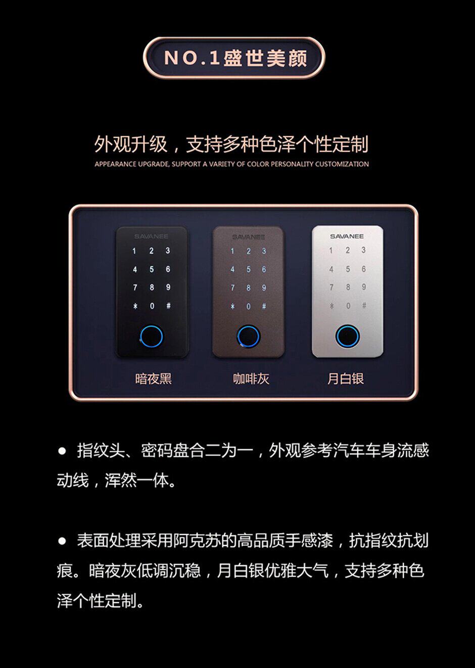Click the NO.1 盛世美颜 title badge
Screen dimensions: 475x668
click(234, 58)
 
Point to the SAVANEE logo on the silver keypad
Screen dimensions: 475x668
click(347, 236)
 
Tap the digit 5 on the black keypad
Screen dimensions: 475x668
click(152, 269)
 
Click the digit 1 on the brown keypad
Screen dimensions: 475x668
click(232, 251)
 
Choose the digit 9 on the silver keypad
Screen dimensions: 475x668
click(364, 287)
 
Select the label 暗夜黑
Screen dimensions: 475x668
click(154, 379)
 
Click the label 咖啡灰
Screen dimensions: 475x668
click(251, 379)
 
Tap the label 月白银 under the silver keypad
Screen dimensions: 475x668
click(346, 379)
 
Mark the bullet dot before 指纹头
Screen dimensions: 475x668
click(62, 450)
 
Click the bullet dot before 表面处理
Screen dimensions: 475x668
click(62, 540)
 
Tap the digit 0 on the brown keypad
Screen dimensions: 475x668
click(249, 306)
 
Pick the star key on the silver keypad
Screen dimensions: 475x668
click(331, 306)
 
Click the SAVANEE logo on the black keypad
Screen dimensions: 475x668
click(151, 236)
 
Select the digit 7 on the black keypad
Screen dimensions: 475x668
click(135, 287)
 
